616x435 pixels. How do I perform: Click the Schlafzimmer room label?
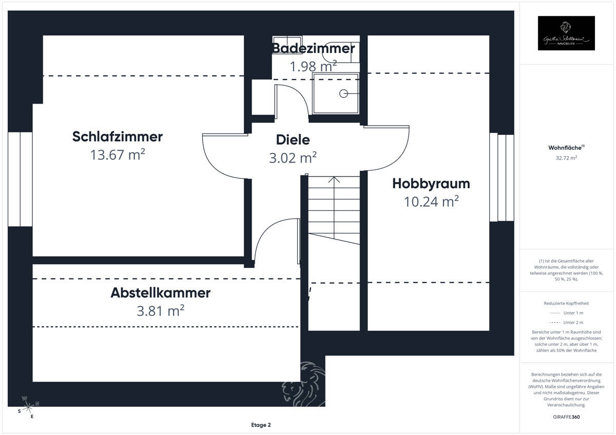pyautogui.click(x=118, y=137)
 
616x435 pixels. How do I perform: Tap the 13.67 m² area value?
pyautogui.click(x=118, y=154)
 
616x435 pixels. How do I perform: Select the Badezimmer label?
pyautogui.click(x=313, y=48)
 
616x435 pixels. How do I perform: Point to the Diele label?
pyautogui.click(x=293, y=140)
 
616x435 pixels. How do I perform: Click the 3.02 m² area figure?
pyautogui.click(x=293, y=157)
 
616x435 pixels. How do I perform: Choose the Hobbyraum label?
pyautogui.click(x=431, y=183)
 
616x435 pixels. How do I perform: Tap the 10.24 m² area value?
pyautogui.click(x=431, y=202)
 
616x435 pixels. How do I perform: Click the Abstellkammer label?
pyautogui.click(x=161, y=293)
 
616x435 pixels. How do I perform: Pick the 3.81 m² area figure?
pyautogui.click(x=161, y=311)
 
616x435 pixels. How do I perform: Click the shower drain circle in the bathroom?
pyautogui.click(x=343, y=93)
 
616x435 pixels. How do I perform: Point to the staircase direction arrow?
pyautogui.click(x=334, y=181)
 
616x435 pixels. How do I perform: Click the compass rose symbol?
pyautogui.click(x=29, y=407)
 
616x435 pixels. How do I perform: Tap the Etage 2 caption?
pyautogui.click(x=261, y=425)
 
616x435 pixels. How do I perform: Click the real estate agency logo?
pyautogui.click(x=566, y=33)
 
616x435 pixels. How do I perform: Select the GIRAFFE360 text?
pyautogui.click(x=567, y=417)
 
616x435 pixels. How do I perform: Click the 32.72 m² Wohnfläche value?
pyautogui.click(x=566, y=158)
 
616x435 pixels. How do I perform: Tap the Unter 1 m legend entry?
pyautogui.click(x=566, y=313)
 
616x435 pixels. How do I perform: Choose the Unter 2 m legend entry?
pyautogui.click(x=566, y=322)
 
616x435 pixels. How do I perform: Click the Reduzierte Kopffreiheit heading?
pyautogui.click(x=566, y=304)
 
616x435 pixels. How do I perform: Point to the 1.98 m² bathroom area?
pyautogui.click(x=313, y=66)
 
